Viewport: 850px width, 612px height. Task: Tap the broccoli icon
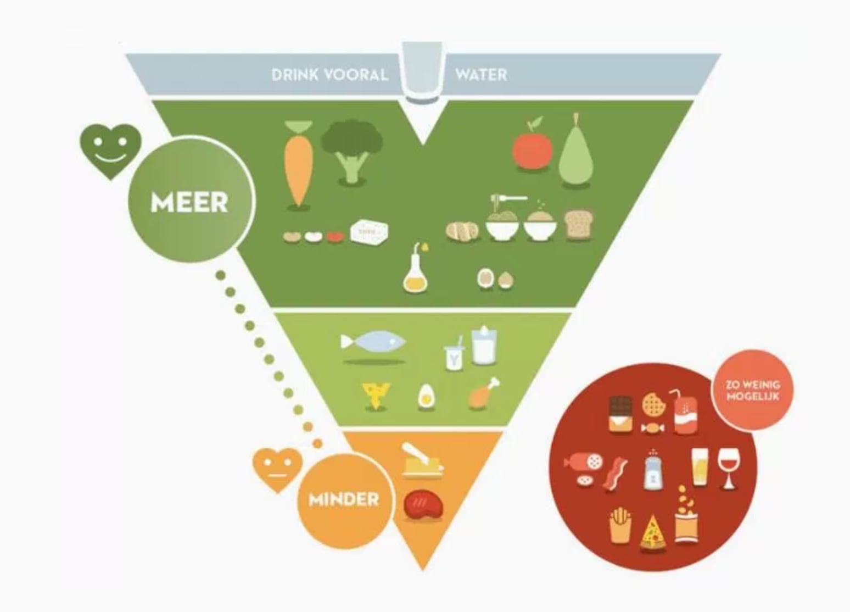(x=352, y=150)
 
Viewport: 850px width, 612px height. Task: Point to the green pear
(x=576, y=152)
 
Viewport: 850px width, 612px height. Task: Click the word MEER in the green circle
(x=189, y=202)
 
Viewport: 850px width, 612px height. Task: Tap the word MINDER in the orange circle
(x=344, y=499)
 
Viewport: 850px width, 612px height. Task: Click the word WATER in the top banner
(x=481, y=74)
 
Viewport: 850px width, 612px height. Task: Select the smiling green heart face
(x=110, y=151)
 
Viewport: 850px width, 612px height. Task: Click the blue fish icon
(x=373, y=341)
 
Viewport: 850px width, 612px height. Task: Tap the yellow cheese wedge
(x=376, y=396)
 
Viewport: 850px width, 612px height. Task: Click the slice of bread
(x=579, y=225)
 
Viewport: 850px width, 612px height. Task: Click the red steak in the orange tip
(x=423, y=505)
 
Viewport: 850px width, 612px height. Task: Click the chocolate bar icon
(x=620, y=414)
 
